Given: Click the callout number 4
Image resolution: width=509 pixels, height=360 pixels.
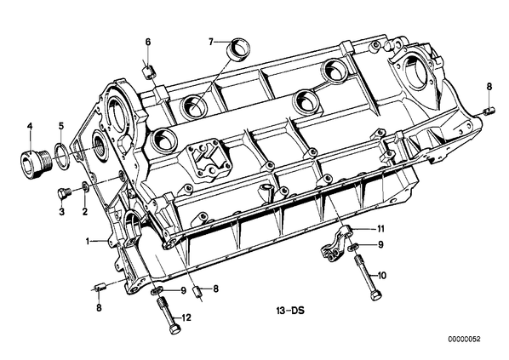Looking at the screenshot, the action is (30, 126).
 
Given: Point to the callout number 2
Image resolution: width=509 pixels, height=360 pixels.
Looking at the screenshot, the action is (85, 212).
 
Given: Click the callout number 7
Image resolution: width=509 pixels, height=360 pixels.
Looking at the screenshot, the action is (211, 42).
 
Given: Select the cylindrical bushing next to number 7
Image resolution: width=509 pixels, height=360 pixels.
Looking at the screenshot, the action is (239, 49).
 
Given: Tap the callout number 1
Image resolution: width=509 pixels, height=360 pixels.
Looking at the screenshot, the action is (88, 241).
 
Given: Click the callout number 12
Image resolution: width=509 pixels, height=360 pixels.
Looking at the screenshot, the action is (186, 317).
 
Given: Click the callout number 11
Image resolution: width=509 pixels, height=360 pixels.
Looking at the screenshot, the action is (380, 229).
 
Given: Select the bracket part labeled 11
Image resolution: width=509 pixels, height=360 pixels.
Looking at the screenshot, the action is (335, 244).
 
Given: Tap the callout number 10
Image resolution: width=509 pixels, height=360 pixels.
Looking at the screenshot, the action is (382, 276).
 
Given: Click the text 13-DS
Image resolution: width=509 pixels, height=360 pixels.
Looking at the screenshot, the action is (290, 311).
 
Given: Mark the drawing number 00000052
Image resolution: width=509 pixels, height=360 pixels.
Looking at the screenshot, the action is (464, 340).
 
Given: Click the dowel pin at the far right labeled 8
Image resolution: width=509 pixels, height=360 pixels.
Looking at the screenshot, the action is (489, 111).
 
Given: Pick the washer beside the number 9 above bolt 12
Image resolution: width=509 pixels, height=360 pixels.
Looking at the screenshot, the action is (157, 290).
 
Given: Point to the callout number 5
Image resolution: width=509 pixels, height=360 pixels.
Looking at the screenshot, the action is (61, 126).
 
